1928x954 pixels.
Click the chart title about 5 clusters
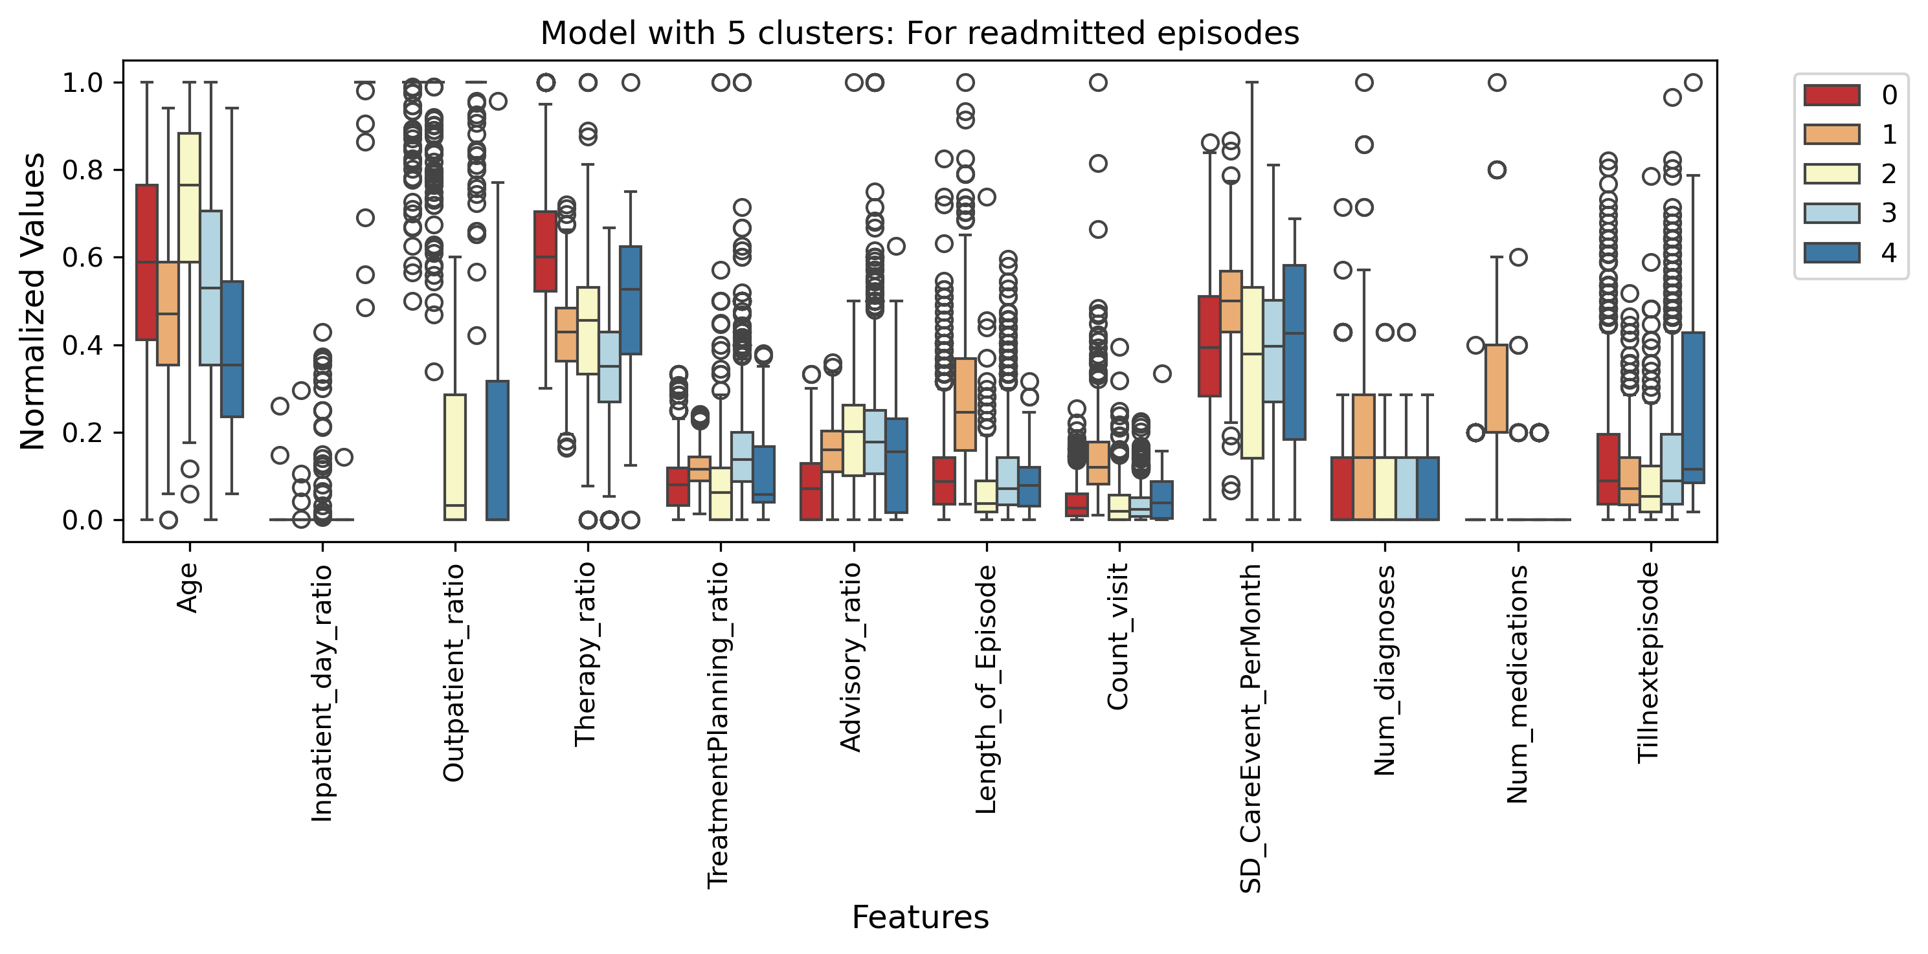coord(920,34)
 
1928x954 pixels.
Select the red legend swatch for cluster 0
coord(1832,95)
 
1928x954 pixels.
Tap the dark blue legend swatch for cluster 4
coord(1832,253)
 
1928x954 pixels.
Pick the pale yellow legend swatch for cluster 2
coord(1832,173)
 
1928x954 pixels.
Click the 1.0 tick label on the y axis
coord(82,82)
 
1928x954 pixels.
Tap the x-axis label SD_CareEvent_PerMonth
coord(1251,728)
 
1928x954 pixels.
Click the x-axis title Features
coord(920,917)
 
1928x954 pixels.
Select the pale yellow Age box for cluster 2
coord(189,197)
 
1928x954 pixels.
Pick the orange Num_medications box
coord(1496,388)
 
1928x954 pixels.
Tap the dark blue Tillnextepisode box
coord(1694,408)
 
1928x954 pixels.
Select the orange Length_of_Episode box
coord(965,404)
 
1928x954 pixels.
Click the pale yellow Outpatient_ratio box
coord(455,457)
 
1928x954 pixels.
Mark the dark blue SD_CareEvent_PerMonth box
coord(1295,351)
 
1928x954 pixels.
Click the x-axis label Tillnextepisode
coord(1649,663)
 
